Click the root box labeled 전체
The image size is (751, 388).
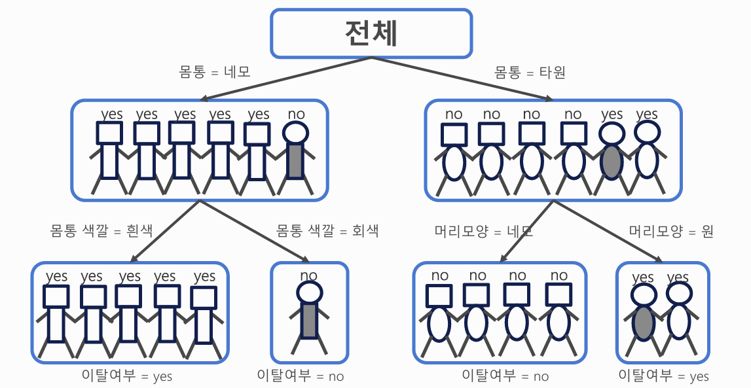coord(371,33)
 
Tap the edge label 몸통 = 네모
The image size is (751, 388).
coord(215,71)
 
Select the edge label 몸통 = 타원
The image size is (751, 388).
coord(530,71)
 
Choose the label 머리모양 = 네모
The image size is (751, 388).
coord(484,231)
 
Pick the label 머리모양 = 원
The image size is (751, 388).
coord(671,231)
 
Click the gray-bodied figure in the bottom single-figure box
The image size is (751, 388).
coord(309,317)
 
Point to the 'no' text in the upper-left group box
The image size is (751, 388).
coord(296,114)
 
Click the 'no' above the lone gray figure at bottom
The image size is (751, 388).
coord(308,276)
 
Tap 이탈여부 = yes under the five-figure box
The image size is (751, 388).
coord(127,376)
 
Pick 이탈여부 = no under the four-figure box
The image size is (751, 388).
coord(505,376)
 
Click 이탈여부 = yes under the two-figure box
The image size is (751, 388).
coord(663,376)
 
